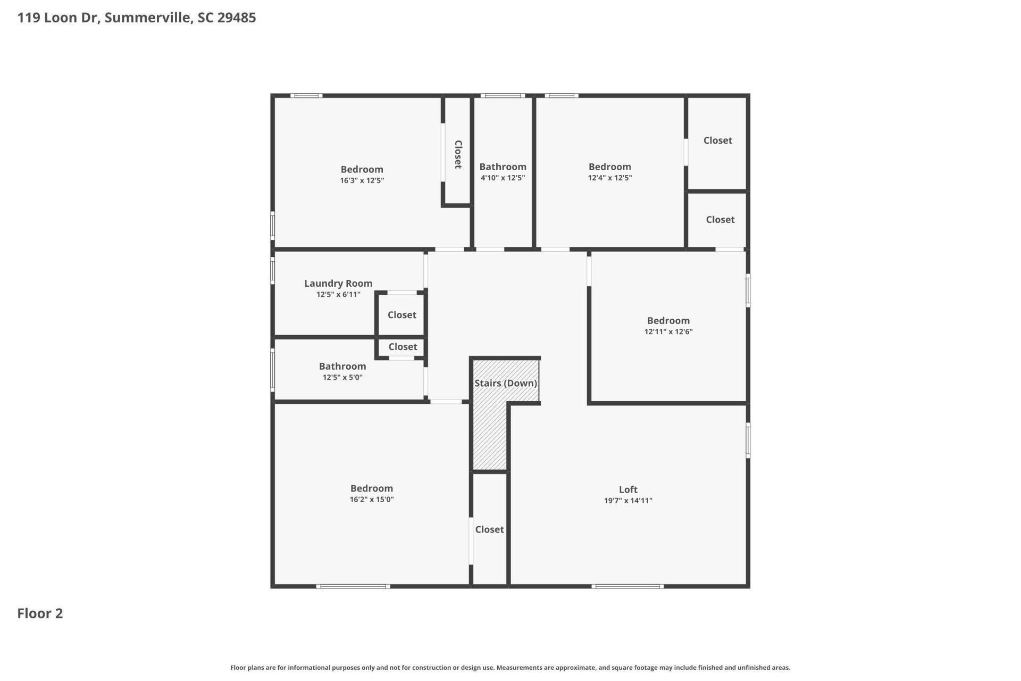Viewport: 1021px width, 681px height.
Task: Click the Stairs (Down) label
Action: point(505,383)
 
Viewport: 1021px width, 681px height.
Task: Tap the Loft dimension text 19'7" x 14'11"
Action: point(628,501)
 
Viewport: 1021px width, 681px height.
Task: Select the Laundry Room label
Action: point(338,284)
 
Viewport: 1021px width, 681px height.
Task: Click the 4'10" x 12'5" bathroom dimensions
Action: point(503,178)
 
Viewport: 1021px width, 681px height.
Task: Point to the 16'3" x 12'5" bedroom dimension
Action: point(362,181)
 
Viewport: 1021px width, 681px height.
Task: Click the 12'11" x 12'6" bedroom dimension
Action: point(668,332)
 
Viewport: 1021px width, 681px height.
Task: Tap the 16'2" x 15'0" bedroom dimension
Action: point(371,500)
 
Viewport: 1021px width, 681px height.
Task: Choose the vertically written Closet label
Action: point(458,154)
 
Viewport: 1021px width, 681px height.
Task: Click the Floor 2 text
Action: point(40,613)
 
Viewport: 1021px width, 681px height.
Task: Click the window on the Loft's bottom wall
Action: point(627,586)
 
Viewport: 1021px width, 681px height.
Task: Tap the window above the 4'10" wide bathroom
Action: point(503,96)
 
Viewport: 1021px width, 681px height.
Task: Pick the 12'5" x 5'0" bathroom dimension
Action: point(342,378)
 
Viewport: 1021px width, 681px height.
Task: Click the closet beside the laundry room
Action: point(401,315)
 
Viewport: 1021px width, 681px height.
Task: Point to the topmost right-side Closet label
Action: point(717,140)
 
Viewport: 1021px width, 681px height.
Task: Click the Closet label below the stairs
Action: point(489,529)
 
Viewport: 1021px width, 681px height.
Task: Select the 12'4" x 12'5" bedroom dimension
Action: point(609,178)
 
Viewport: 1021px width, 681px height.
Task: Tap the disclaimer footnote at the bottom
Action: point(510,668)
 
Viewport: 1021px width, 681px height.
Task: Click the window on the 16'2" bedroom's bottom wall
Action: point(353,586)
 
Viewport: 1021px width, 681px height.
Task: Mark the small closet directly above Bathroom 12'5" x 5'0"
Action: point(403,347)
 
